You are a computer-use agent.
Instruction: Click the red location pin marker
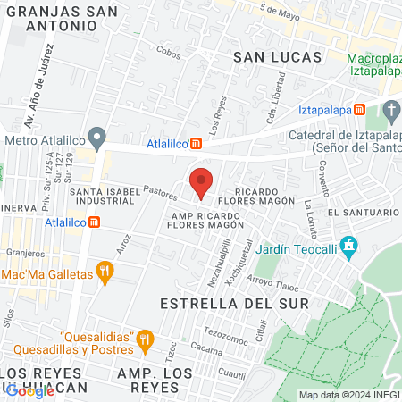tap(202, 181)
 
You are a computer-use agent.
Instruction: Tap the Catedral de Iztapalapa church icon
tap(391, 110)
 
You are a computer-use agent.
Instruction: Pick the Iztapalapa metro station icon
tap(359, 108)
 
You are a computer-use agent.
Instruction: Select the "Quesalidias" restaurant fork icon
tap(142, 337)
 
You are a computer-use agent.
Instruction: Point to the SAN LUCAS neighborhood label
tap(277, 56)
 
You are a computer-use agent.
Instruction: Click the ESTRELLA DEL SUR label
tap(234, 304)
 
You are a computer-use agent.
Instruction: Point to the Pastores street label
tap(160, 192)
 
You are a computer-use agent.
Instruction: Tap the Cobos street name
tap(167, 53)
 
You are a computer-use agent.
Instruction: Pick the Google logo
tap(29, 389)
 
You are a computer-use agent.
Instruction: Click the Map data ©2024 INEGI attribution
tap(348, 395)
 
